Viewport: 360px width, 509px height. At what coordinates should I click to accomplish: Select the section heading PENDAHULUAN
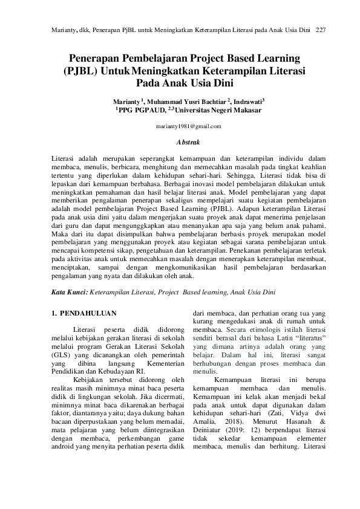click(84, 313)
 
